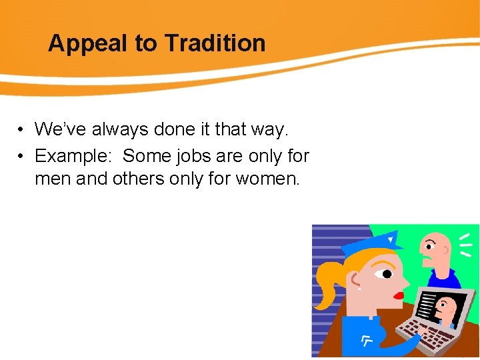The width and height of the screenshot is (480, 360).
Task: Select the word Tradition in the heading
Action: coord(215,43)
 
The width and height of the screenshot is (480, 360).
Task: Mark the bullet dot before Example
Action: coord(22,157)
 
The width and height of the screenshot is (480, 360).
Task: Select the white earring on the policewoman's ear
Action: coord(358,289)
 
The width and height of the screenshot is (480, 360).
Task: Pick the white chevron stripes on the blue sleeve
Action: coord(367,342)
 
